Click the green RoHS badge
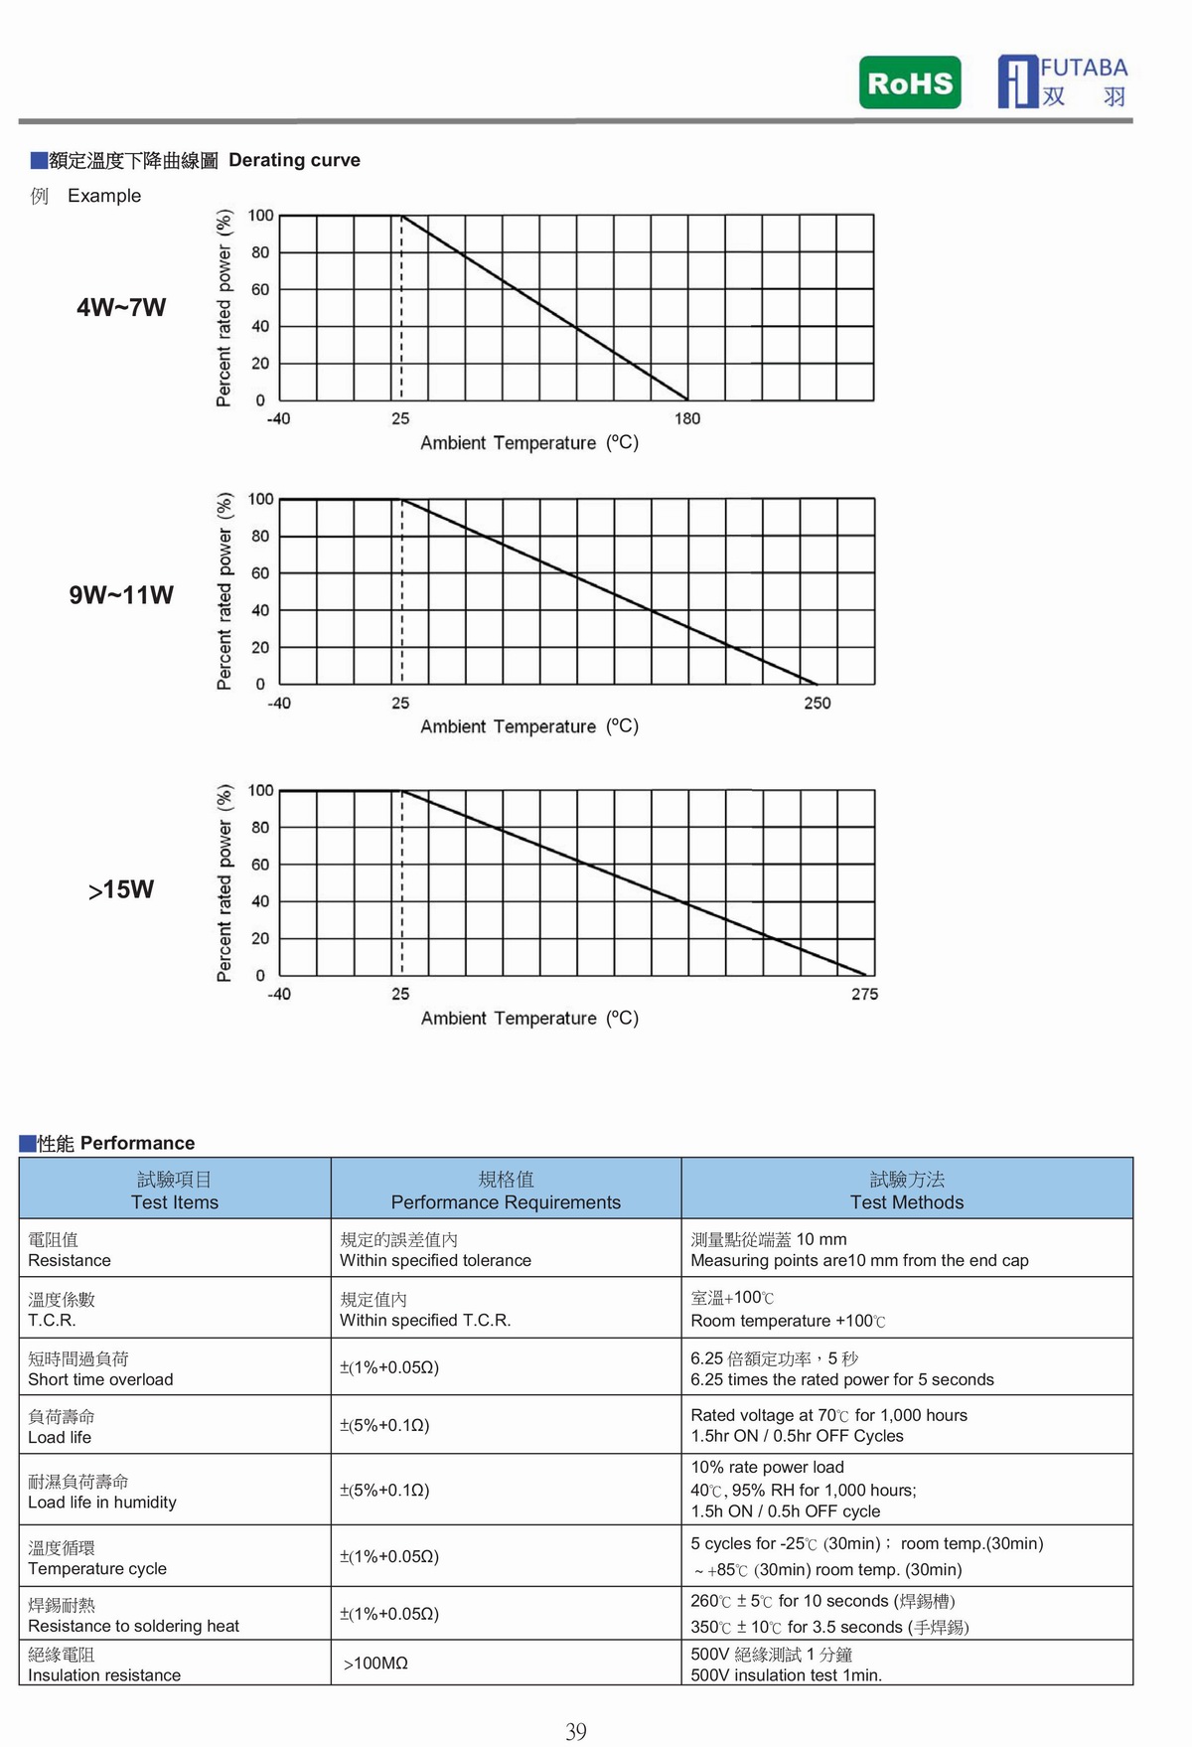[x=910, y=82]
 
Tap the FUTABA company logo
[x=1063, y=81]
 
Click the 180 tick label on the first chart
[x=687, y=418]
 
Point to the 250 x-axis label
[x=818, y=704]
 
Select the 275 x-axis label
[x=864, y=994]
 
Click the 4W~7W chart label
[x=121, y=307]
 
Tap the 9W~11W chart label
[x=121, y=595]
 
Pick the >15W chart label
[x=121, y=889]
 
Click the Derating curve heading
[x=294, y=160]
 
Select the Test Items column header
[x=175, y=1191]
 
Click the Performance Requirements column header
[x=506, y=1191]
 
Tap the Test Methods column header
[x=907, y=1191]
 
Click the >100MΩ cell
[x=375, y=1664]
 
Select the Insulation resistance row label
[x=104, y=1674]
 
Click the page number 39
[x=576, y=1732]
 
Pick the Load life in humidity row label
[x=102, y=1503]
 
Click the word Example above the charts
[x=104, y=196]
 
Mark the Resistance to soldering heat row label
[x=133, y=1626]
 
